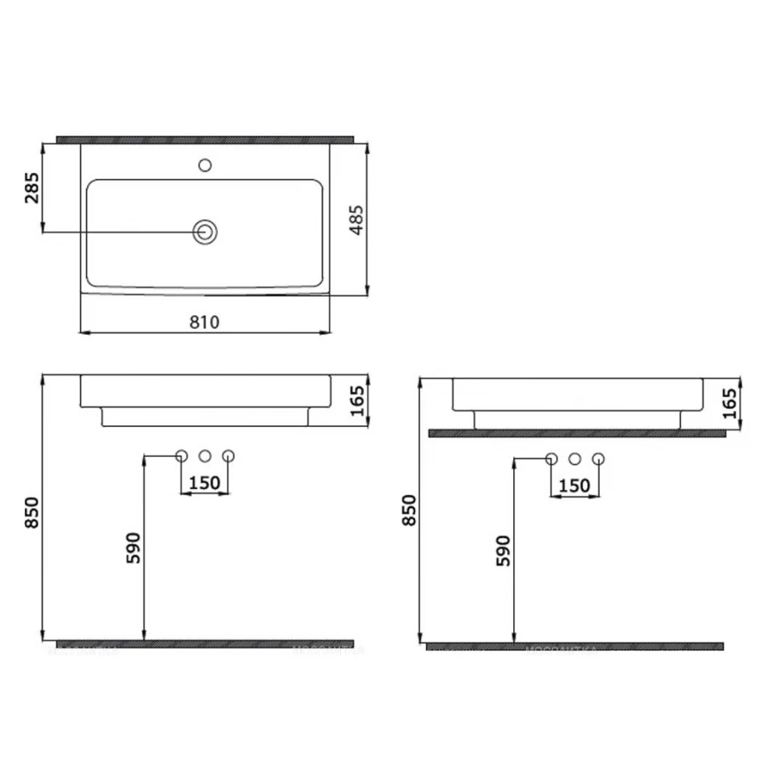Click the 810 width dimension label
205,322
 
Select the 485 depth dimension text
358,219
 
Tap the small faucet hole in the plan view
205,164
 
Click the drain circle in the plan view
205,231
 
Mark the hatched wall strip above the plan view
205,138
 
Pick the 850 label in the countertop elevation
410,510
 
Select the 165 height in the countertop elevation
730,402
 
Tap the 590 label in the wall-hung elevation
134,550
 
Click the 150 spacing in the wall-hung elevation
205,482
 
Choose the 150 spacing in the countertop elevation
574,486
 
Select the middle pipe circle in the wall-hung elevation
205,456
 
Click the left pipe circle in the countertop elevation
551,459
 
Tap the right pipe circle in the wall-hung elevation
228,456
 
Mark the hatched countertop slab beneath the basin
576,433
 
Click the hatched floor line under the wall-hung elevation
205,643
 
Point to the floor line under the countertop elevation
574,646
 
